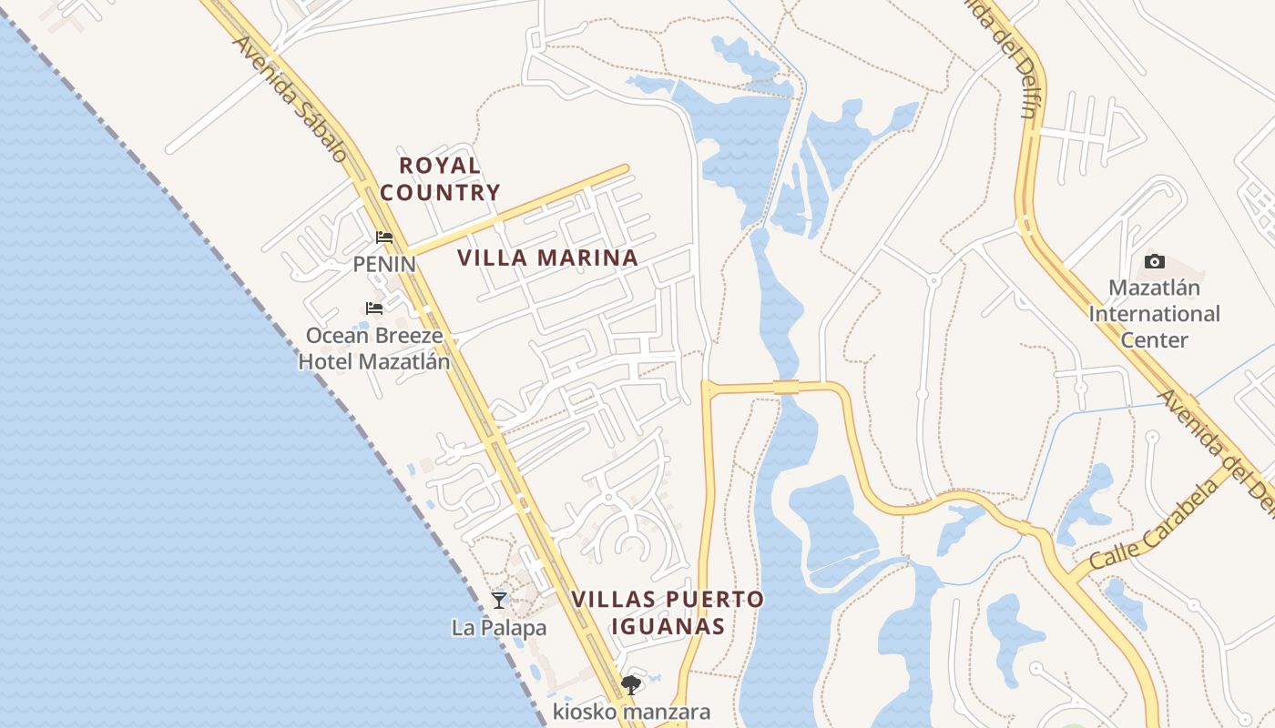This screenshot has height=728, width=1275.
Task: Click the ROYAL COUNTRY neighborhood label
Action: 440,179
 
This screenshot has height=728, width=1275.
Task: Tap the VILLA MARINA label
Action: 547,258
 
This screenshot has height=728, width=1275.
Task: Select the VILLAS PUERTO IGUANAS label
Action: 668,612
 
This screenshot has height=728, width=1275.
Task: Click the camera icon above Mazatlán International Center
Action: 1154,262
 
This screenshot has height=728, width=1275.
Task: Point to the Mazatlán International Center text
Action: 1154,314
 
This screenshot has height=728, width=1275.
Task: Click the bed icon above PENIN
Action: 384,238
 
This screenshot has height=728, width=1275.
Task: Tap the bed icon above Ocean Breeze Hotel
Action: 374,308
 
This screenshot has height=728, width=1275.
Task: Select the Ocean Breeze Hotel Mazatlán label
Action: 374,349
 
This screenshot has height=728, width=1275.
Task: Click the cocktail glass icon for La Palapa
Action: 499,600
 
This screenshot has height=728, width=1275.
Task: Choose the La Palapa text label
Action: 499,628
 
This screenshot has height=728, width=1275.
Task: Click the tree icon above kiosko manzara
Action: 630,685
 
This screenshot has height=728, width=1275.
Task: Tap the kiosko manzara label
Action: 631,712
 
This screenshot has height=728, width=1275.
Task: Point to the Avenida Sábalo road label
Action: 290,100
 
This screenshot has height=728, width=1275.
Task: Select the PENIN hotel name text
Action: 384,264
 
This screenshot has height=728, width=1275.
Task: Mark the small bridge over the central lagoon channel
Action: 786,387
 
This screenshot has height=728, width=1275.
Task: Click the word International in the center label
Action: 1154,314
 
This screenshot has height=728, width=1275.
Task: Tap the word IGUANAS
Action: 668,626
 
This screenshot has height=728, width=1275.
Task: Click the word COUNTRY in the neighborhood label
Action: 440,193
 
